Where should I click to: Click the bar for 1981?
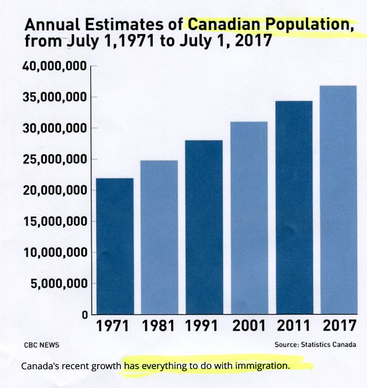(x=159, y=237)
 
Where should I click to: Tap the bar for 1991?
(x=204, y=227)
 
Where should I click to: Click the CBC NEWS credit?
(x=41, y=345)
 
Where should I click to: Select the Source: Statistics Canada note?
(x=315, y=345)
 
